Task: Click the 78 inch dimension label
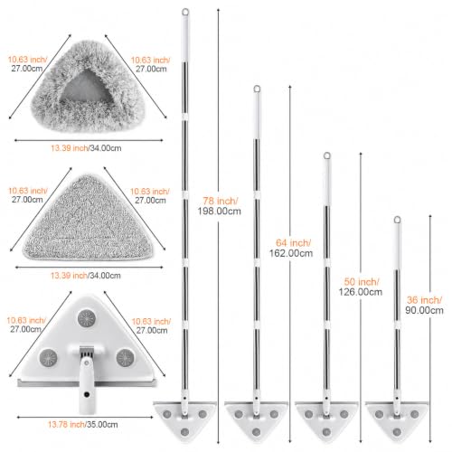coord(221,201)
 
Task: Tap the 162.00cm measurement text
coord(291,253)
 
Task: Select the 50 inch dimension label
coord(362,282)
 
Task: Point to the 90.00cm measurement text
coord(424,310)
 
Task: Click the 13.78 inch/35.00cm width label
coord(83,425)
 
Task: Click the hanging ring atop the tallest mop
coord(185,12)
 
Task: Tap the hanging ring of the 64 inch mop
coord(257,89)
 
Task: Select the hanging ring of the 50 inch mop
coord(327,155)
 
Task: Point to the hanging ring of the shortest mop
coord(398,220)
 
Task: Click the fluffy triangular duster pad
coord(88,88)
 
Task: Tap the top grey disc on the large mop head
coord(87,318)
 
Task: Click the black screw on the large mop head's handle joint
coord(87,394)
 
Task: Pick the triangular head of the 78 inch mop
coord(184,420)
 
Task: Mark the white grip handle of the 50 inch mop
coord(326,183)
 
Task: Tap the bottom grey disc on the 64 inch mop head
coord(256,432)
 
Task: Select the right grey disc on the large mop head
coord(125,358)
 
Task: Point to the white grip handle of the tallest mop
coord(185,39)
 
